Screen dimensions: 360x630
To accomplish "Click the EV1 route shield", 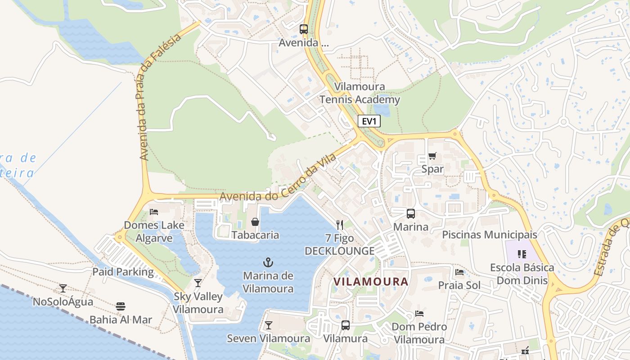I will point(369,121).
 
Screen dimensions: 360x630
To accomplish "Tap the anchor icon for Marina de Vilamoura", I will point(268,261).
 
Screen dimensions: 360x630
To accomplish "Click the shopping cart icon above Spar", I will point(432,156).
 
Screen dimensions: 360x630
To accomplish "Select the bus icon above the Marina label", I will point(410,214).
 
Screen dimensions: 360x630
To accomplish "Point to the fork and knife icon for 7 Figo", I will point(340,225).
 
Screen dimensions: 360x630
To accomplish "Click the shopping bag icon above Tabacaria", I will point(255,222).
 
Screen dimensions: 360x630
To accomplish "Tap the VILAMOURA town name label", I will point(371,282).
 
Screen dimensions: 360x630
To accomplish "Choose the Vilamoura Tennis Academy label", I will point(360,93).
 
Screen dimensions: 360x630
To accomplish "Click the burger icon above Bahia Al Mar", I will point(120,306).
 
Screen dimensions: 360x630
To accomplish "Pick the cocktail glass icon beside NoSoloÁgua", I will point(63,288).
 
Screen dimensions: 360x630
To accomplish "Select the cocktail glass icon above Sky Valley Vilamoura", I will point(198,283).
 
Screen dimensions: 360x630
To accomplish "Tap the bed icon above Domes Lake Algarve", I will point(154,211).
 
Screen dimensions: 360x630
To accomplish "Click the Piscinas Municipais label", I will point(490,234).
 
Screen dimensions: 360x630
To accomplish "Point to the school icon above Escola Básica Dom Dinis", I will point(522,254).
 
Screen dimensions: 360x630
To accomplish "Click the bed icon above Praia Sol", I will point(459,272).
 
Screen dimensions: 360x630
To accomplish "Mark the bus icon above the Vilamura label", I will point(346,325).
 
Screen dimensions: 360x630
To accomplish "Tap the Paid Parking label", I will point(123,272).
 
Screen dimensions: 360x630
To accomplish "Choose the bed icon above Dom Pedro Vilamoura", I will point(419,313).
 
